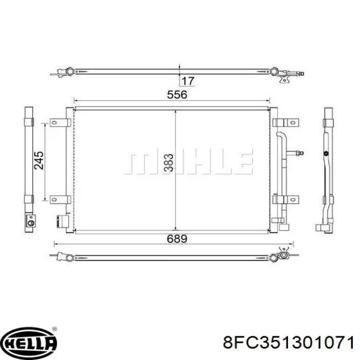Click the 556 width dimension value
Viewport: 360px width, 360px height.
click(x=177, y=95)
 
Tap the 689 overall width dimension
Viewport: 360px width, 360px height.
click(x=177, y=239)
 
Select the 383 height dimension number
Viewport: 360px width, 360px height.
click(x=169, y=163)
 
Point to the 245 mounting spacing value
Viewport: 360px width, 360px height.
click(x=39, y=160)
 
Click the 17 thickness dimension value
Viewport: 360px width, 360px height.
click(x=188, y=81)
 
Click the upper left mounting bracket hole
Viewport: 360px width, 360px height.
click(x=54, y=122)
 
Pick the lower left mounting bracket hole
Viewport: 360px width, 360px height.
click(x=54, y=200)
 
